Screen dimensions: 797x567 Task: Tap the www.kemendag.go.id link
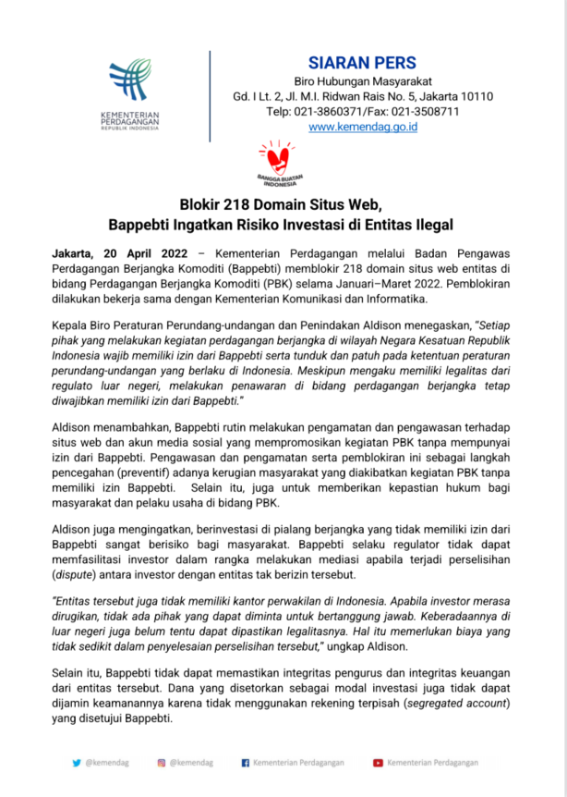[363, 128]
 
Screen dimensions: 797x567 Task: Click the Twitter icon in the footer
[77, 763]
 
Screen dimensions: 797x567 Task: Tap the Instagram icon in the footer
[161, 763]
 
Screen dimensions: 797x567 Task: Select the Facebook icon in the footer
[245, 763]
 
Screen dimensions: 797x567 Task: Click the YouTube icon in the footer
[378, 763]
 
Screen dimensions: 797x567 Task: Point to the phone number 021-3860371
[330, 112]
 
